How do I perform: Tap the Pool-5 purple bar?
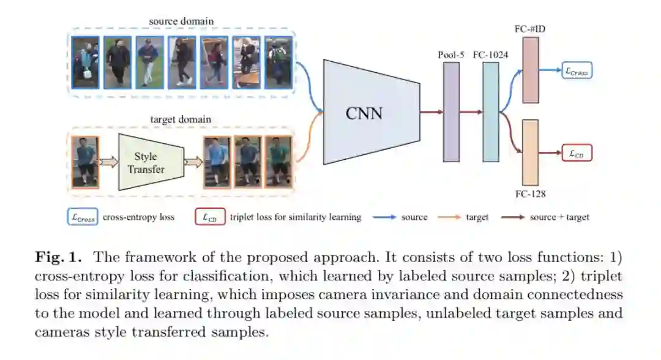450,112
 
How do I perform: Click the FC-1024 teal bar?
490,112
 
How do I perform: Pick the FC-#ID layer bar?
530,70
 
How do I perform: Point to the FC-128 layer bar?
530,153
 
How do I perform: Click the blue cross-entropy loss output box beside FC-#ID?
577,71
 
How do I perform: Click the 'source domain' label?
182,21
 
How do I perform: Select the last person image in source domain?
278,62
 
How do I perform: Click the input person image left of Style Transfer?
85,162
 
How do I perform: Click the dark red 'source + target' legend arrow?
512,217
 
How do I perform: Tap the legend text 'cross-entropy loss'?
138,217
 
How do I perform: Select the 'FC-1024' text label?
490,54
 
